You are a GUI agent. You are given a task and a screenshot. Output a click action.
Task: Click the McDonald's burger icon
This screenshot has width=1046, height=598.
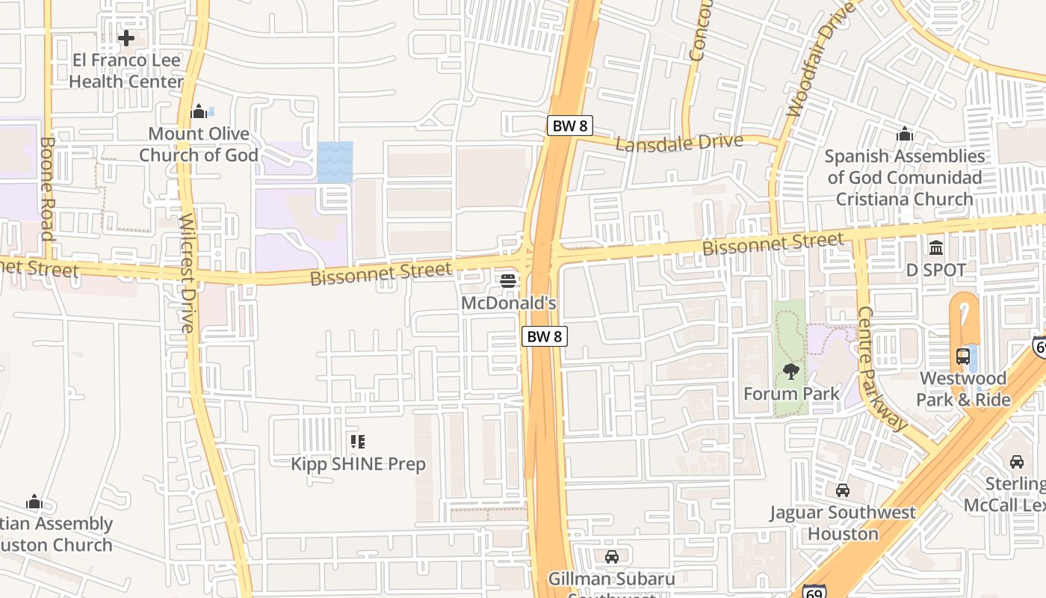(508, 281)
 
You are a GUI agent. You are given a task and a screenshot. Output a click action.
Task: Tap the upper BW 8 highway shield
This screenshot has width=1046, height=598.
(570, 126)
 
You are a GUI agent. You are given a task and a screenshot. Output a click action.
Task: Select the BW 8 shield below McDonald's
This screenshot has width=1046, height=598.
(544, 336)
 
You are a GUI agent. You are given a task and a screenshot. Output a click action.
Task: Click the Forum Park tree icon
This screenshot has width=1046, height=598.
(791, 371)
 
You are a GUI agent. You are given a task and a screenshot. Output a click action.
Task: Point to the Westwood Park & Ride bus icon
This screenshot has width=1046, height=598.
(963, 356)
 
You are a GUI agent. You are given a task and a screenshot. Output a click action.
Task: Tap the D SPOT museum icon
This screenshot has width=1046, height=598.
(936, 247)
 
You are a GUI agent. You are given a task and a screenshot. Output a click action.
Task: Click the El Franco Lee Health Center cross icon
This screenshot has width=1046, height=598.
(126, 37)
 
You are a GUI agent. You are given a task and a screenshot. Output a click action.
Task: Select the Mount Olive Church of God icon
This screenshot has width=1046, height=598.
(199, 111)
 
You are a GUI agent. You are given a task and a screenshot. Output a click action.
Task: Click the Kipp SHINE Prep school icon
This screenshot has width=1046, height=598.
(357, 442)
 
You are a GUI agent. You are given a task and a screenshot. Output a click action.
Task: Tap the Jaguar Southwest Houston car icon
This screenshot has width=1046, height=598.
(843, 490)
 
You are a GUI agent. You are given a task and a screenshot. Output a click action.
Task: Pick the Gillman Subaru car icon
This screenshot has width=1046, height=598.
(612, 557)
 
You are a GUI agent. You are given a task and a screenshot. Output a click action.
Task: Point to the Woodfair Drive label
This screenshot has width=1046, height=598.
(821, 61)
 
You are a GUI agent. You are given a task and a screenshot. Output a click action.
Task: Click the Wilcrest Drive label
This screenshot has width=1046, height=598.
(187, 273)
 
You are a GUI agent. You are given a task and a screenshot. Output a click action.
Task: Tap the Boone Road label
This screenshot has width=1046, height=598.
(47, 188)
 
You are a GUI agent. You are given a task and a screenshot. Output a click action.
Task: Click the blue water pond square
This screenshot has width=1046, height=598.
(335, 161)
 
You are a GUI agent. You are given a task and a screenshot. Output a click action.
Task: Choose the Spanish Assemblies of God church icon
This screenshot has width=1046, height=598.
(905, 135)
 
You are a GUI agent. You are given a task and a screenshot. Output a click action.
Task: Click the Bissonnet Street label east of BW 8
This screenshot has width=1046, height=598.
(773, 244)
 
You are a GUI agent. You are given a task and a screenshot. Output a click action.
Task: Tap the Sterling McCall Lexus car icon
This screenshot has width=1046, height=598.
(1017, 461)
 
